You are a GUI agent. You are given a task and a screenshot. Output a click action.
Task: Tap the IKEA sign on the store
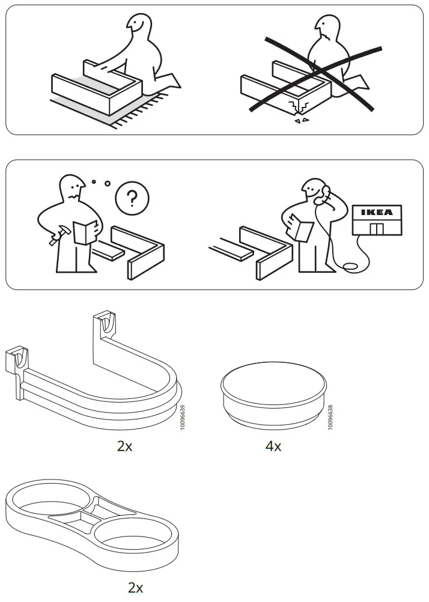[x=377, y=212]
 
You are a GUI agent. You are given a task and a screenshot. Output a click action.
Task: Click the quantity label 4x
[x=273, y=446]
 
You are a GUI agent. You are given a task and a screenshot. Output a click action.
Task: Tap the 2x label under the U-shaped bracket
[x=124, y=446]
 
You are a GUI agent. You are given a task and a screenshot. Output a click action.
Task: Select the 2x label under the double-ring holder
[x=135, y=585]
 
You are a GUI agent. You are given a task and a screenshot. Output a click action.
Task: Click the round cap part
[x=273, y=394]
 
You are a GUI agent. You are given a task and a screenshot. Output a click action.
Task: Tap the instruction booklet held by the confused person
[x=84, y=232]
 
